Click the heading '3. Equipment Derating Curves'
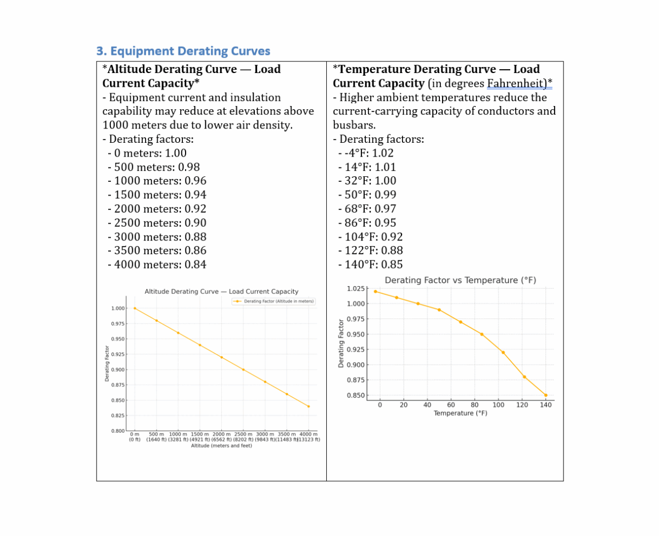(x=183, y=51)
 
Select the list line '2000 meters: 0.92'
(x=157, y=209)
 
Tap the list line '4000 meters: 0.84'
(x=157, y=265)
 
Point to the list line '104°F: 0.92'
(x=371, y=237)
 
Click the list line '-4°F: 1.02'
(x=366, y=153)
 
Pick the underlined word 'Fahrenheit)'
(x=520, y=83)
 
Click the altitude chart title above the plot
(x=221, y=292)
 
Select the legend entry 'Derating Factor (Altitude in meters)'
(x=274, y=302)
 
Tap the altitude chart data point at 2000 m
(x=221, y=357)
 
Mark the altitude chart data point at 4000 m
(x=309, y=406)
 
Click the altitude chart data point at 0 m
(x=135, y=308)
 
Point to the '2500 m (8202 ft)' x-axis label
(x=243, y=437)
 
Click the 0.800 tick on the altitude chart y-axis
(x=118, y=431)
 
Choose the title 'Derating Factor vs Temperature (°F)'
(x=460, y=280)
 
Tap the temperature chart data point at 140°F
(x=546, y=395)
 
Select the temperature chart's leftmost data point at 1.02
(x=375, y=292)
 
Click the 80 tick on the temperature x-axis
(x=474, y=405)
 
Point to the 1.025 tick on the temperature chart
(x=356, y=288)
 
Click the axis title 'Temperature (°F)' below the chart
(x=460, y=413)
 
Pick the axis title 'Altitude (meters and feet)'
(x=221, y=446)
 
